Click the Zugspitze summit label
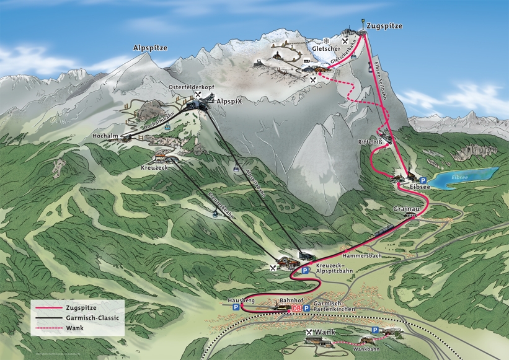tap(384, 26)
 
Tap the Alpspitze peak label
tap(150, 48)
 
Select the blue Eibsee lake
tap(465, 177)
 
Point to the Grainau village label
tap(406, 210)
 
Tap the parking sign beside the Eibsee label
tap(423, 180)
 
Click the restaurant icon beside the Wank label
tap(309, 332)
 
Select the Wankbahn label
tap(365, 348)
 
